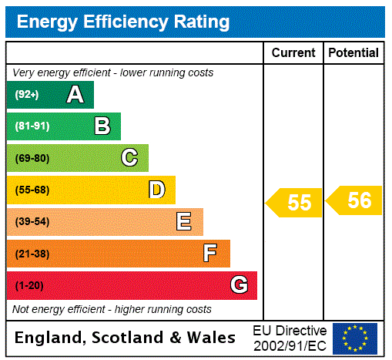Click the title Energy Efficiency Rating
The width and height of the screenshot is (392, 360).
[123, 22]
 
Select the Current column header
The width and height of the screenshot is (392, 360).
[293, 53]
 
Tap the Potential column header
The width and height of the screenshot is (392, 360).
[353, 53]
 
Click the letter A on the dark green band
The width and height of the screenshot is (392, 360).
[75, 95]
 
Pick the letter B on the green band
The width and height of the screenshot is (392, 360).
[102, 126]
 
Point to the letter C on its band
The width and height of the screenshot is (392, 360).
[129, 158]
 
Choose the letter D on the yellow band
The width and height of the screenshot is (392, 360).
[156, 190]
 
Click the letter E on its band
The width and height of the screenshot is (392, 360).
[184, 222]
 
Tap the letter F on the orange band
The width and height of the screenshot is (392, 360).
[210, 254]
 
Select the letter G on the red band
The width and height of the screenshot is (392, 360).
[239, 285]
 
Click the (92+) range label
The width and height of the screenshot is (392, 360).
[26, 95]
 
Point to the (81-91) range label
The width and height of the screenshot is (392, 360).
[32, 126]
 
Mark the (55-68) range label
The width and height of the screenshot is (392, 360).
[32, 190]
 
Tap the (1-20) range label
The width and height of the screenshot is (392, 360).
[29, 286]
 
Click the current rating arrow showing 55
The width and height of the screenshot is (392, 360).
[295, 203]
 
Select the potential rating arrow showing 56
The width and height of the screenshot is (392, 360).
[355, 201]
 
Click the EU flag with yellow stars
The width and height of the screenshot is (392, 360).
[355, 338]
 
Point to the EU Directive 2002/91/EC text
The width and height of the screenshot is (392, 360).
[290, 338]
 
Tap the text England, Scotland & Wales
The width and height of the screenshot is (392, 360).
[126, 338]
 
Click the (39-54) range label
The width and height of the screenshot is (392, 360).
[32, 222]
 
